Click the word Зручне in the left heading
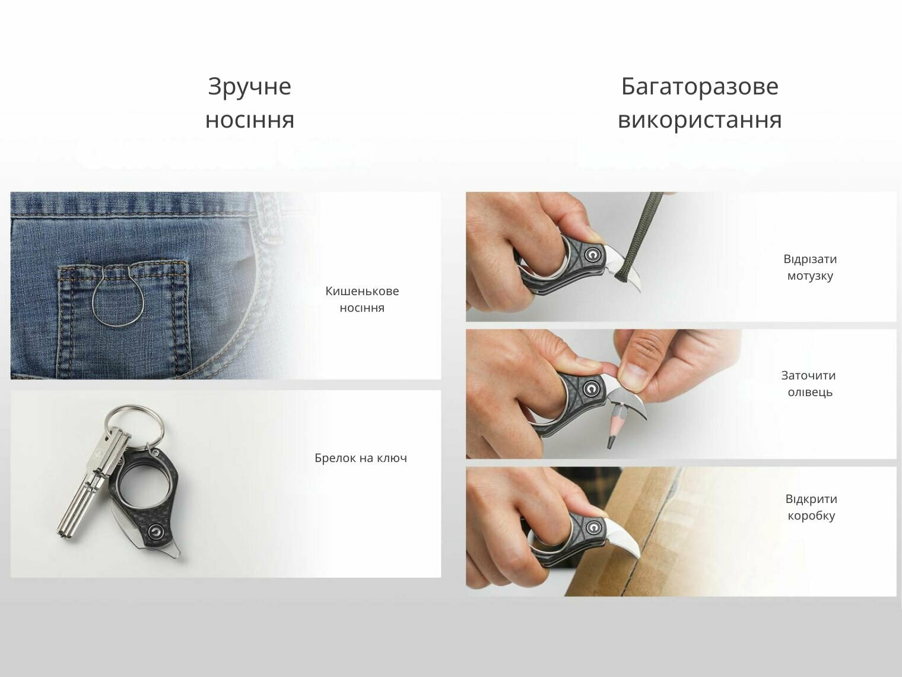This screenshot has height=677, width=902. click(x=249, y=87)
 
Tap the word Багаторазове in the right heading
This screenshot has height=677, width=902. click(x=700, y=87)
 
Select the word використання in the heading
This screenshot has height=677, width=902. click(x=700, y=120)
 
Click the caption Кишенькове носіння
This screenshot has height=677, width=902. click(x=362, y=299)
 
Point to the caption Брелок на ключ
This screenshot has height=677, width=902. click(x=361, y=458)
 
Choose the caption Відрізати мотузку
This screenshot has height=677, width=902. click(x=810, y=267)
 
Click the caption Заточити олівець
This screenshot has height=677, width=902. click(x=810, y=384)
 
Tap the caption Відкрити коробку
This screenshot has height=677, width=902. click(x=811, y=507)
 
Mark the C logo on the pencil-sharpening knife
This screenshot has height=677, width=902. click(x=592, y=388)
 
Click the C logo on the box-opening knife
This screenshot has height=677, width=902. click(x=593, y=527)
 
